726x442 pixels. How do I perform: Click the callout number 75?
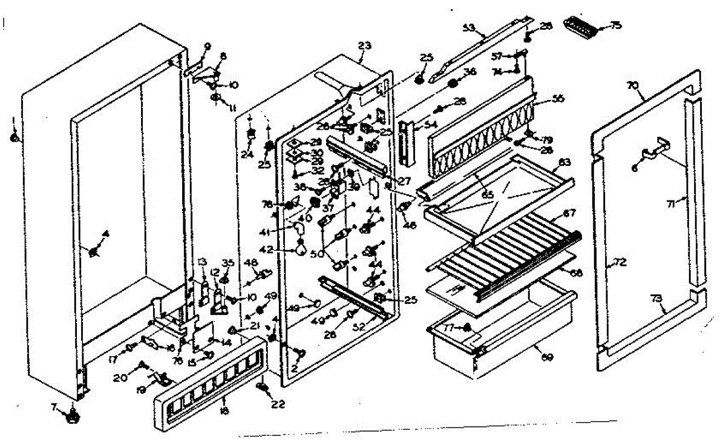(616, 25)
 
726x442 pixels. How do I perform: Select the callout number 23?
(364, 45)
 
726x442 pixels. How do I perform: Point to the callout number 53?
(468, 28)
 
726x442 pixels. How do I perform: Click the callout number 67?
(569, 213)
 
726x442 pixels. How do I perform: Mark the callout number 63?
(564, 162)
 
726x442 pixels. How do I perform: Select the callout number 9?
(208, 46)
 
